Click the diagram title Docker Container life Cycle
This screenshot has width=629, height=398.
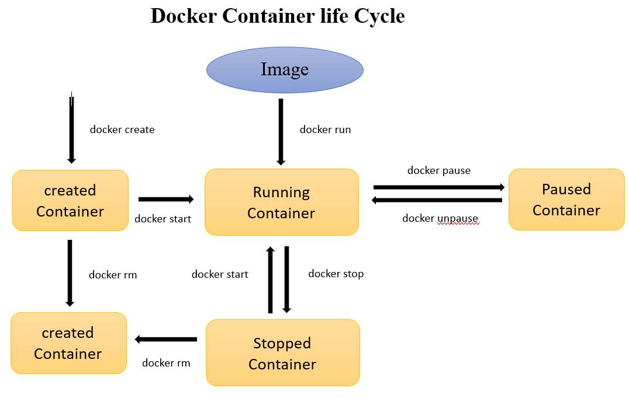[278, 16]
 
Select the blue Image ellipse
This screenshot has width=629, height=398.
[285, 70]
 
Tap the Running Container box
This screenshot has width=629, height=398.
[281, 203]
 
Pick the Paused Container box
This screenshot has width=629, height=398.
[566, 200]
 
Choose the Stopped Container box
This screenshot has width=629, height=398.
[282, 353]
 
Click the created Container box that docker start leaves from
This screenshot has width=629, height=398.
[70, 200]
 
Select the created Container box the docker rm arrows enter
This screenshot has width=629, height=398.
[68, 343]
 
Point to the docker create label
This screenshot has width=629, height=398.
[122, 130]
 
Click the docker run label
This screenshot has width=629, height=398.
[325, 130]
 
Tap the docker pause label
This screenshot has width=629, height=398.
[438, 170]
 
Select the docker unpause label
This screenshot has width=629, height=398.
[440, 218]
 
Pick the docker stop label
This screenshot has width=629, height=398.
[336, 274]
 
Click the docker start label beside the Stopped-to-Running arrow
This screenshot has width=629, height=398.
[220, 274]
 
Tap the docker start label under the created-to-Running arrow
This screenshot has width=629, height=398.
[163, 219]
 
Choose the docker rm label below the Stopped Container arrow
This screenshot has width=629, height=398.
[166, 363]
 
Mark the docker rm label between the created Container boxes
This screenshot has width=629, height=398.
[113, 274]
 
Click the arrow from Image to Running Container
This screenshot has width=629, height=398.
[281, 132]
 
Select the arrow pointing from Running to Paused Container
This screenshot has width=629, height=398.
[439, 187]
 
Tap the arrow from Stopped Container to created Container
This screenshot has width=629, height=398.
[166, 339]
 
